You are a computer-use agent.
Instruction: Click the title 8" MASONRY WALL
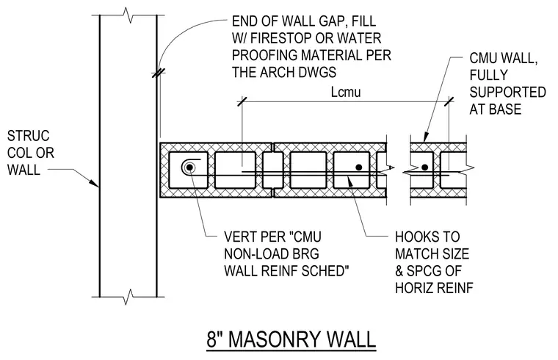pos(291,339)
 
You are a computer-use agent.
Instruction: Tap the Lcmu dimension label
pos(346,92)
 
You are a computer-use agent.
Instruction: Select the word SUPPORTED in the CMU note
pos(507,92)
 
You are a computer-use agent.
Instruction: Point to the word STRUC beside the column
pos(28,136)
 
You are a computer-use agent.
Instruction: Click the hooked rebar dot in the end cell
pos(189,167)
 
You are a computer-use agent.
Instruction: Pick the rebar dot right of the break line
pos(424,167)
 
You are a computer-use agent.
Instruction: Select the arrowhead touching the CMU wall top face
pos(426,138)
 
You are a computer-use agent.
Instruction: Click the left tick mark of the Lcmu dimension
pos(242,101)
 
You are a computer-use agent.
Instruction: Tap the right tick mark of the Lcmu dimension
pos(449,101)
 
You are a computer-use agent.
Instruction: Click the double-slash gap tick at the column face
pos(159,73)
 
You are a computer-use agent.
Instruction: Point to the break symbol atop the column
pos(128,15)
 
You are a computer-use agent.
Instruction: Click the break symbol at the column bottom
pos(128,297)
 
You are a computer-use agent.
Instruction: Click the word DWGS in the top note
pos(317,72)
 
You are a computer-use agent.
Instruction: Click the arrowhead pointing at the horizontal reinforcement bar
pos(350,181)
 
